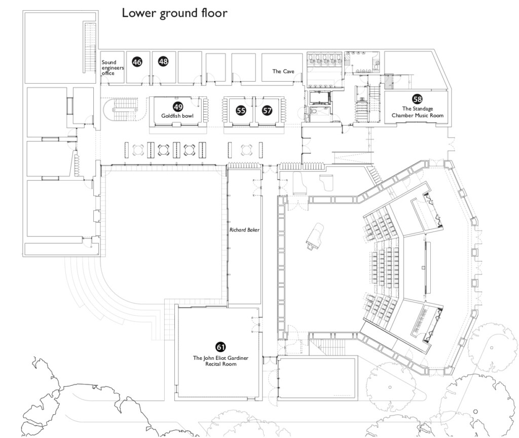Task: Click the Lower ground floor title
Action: click(x=174, y=13)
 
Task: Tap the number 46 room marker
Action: click(x=137, y=62)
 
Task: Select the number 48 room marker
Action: click(x=163, y=61)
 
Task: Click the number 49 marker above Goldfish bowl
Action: click(x=178, y=107)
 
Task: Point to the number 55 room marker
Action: click(x=241, y=110)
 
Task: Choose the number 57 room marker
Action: click(x=267, y=110)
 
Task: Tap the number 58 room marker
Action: click(x=417, y=99)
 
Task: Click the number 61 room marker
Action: click(x=220, y=347)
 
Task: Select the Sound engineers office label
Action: click(x=112, y=68)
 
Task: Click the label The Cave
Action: click(x=283, y=72)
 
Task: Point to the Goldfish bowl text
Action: click(x=178, y=115)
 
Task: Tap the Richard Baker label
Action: click(x=244, y=230)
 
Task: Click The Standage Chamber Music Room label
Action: click(x=417, y=112)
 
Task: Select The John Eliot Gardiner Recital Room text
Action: click(x=220, y=361)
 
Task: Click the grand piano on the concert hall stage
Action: click(x=314, y=236)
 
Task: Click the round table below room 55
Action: click(x=246, y=150)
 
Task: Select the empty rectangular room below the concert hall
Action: click(x=317, y=378)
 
